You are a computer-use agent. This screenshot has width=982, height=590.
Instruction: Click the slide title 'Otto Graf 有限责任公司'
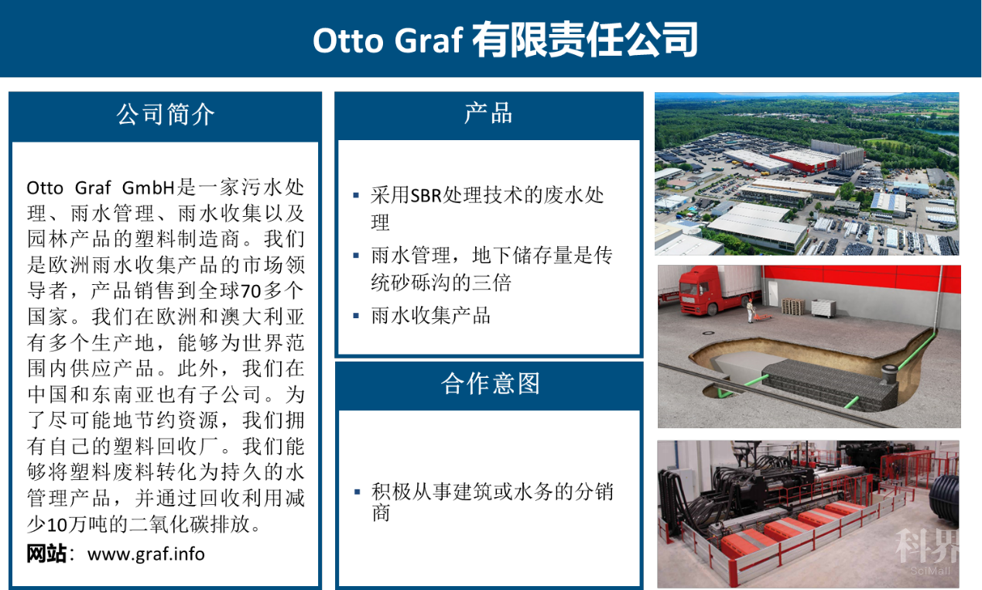click(505, 40)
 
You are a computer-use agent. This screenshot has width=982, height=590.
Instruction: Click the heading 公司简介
click(166, 115)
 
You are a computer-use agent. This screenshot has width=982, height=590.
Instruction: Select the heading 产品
click(488, 113)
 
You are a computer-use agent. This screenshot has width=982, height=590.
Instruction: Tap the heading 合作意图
click(490, 384)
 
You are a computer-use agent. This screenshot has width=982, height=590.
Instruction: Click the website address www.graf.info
click(146, 554)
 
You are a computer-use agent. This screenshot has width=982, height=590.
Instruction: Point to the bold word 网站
click(46, 554)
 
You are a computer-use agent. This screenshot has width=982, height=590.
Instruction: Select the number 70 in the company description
click(251, 291)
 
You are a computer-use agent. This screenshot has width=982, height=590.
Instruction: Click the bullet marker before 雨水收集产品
click(356, 315)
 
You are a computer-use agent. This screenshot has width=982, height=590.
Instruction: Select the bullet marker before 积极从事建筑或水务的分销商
click(357, 492)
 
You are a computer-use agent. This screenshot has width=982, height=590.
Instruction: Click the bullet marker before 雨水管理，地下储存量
click(356, 256)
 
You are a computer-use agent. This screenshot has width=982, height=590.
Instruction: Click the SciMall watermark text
click(930, 571)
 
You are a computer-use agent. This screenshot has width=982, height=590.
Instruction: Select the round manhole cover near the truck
click(707, 334)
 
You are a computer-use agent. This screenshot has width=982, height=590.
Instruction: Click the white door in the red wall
click(772, 292)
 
